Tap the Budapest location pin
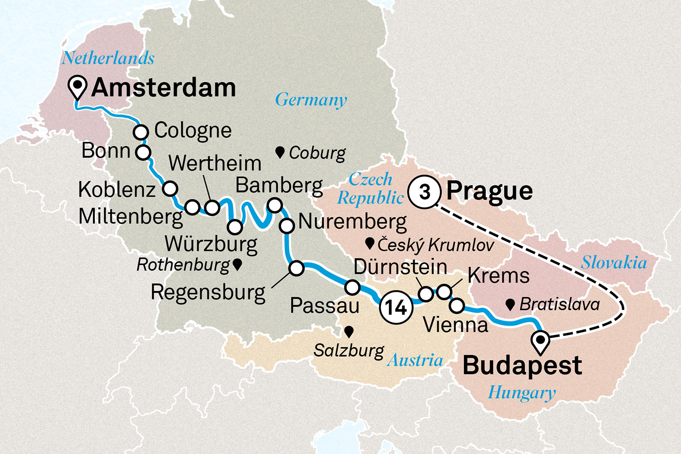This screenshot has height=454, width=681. [x=541, y=342]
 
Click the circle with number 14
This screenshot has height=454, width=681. [x=396, y=307]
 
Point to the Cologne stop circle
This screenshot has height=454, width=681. [x=141, y=132]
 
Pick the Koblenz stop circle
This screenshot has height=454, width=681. [x=170, y=188]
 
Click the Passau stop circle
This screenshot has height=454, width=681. [x=352, y=287]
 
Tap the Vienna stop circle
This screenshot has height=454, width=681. [x=457, y=306]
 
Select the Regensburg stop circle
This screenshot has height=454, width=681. [x=296, y=268]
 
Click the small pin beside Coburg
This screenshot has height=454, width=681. [x=280, y=152]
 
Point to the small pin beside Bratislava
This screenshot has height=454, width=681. [x=510, y=304]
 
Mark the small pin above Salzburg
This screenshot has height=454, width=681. [x=349, y=332]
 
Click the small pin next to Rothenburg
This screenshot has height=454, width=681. [x=237, y=264]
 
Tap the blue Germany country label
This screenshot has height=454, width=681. [x=311, y=99]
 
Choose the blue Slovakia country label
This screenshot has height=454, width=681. [x=614, y=262]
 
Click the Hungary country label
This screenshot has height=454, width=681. [x=522, y=393]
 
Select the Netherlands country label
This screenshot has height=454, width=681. [x=108, y=58]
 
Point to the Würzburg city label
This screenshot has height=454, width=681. [x=211, y=244]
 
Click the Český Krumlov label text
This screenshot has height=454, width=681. [x=435, y=245]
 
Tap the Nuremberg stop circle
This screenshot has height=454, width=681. [x=287, y=225]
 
